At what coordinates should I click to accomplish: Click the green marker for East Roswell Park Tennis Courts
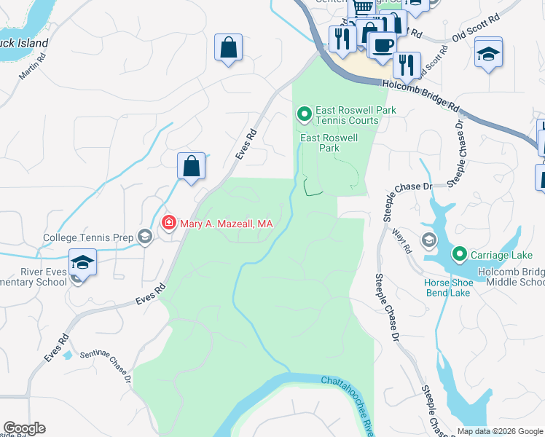tap(304, 114)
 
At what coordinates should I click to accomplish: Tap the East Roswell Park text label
tap(329, 142)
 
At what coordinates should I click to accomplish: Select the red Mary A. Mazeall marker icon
tap(168, 223)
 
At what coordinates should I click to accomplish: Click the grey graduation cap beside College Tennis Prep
tap(145, 236)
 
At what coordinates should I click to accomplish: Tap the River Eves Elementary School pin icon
tap(82, 262)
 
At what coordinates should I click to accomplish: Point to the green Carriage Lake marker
tap(459, 254)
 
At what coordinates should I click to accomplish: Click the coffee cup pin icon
tap(381, 46)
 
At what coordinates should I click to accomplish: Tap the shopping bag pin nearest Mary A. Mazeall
tap(191, 166)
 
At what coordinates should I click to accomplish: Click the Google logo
tap(24, 428)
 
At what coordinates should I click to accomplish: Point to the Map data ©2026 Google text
tap(500, 431)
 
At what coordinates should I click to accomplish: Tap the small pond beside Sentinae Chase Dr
tap(68, 355)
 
